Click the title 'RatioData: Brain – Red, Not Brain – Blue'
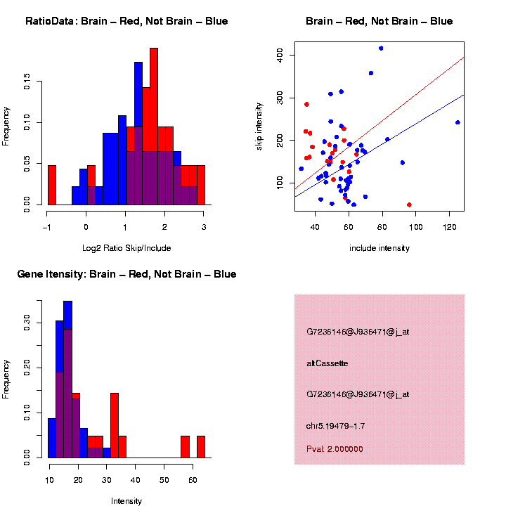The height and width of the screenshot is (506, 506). tap(126, 21)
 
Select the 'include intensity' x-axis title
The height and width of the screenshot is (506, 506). tap(379, 248)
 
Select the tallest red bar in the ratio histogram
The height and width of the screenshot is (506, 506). tap(154, 126)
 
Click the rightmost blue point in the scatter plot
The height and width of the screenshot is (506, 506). tap(458, 122)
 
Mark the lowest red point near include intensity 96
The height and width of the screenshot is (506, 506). tap(409, 205)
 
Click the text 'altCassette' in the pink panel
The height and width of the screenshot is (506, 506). tap(327, 363)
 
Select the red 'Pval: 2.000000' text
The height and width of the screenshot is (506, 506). tap(335, 448)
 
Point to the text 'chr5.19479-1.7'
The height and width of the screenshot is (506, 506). tap(335, 426)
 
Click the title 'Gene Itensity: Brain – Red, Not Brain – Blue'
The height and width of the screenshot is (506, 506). tap(126, 274)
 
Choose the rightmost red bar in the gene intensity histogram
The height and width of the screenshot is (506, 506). tap(201, 447)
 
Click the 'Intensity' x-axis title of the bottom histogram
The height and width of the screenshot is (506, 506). tap(126, 501)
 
